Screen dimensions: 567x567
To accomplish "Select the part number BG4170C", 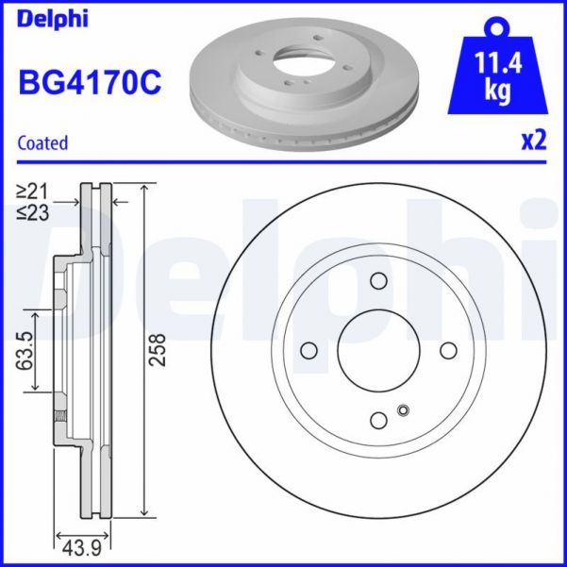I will [x=90, y=84].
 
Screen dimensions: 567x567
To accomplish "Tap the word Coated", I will [x=42, y=143].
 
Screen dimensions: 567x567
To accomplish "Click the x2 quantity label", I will [x=534, y=142].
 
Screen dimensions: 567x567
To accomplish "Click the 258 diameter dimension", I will [x=158, y=351].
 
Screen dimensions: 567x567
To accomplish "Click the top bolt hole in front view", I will [x=378, y=281].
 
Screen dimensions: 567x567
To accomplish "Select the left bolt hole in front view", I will [x=309, y=351].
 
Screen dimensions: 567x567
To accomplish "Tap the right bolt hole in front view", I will [x=448, y=351].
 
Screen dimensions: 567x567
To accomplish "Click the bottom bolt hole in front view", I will [x=378, y=421].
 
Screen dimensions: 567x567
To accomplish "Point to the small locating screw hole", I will [x=404, y=410].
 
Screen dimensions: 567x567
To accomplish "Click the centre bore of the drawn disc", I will [x=378, y=351].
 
